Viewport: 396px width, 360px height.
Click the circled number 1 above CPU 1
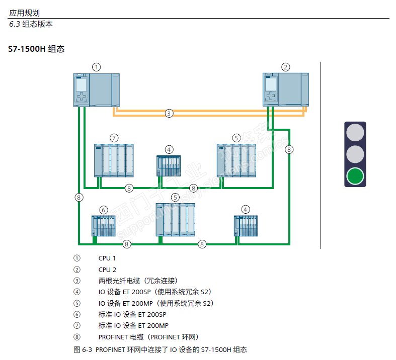[96, 67]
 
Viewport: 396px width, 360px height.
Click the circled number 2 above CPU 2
[285, 67]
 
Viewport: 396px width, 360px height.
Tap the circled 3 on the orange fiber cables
[169, 113]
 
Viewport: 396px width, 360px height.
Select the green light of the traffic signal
[355, 176]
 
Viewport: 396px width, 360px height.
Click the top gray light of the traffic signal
[355, 132]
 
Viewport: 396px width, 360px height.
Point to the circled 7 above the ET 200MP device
[114, 137]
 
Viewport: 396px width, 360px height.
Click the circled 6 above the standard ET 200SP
[104, 209]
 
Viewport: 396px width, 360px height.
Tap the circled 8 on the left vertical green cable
[78, 197]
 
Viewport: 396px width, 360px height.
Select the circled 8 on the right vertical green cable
[289, 149]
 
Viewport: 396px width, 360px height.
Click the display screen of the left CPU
[81, 84]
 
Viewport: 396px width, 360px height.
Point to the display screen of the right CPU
[271, 84]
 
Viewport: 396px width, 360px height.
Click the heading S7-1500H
[27, 49]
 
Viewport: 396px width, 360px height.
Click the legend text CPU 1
[107, 258]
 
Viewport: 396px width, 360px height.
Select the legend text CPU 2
[107, 269]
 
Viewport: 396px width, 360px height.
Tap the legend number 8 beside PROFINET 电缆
[76, 337]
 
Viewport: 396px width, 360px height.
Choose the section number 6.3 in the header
[15, 24]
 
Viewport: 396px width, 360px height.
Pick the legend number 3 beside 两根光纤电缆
[76, 281]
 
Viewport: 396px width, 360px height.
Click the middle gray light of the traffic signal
[355, 154]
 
